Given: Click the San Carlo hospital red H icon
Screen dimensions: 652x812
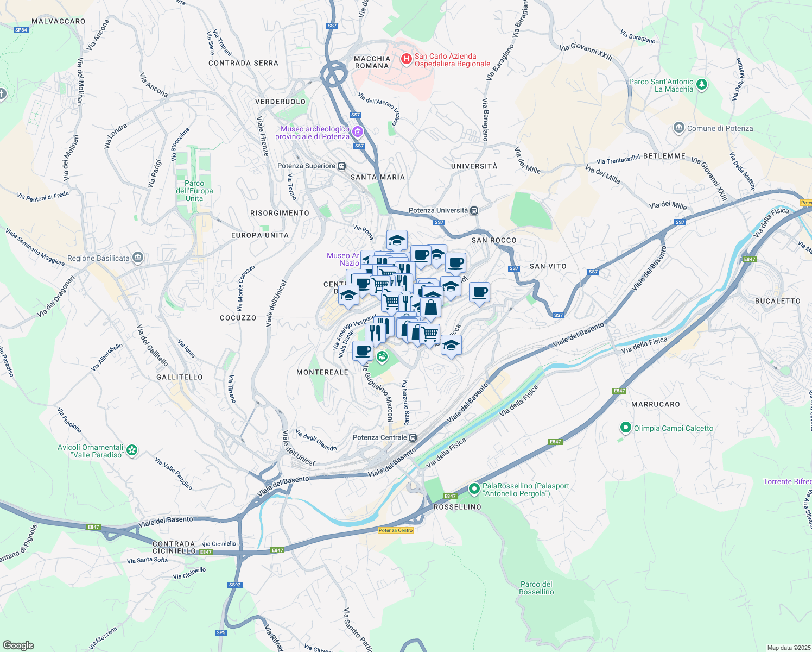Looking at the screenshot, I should point(406,59).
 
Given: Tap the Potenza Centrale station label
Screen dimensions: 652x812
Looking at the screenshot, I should point(379,437).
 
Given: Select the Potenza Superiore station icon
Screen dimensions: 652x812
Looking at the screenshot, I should point(341,166).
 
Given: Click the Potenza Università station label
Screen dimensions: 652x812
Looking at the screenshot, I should point(438,210).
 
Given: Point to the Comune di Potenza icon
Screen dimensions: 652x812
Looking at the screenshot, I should point(678,128).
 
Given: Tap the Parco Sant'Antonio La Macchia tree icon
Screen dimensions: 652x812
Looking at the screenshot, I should point(702,84).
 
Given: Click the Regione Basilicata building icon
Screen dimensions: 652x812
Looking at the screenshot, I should point(138,258).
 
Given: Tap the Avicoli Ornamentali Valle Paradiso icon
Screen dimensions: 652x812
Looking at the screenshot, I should point(132,450).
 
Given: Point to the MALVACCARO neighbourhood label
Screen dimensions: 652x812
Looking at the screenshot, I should point(59,21).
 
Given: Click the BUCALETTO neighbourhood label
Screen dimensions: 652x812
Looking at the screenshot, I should point(777,301).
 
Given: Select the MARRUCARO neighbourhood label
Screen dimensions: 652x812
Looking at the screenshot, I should point(655,404).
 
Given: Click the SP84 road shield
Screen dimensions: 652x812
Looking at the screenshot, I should point(21,30).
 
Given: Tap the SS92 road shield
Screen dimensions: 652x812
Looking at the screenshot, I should point(234,585).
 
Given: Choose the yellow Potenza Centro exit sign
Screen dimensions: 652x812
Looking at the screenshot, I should point(396,530).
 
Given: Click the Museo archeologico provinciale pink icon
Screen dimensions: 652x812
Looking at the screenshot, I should point(357,132).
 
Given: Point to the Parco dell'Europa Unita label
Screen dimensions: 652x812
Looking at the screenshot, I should point(194,191).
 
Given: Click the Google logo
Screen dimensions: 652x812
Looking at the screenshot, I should point(18,645).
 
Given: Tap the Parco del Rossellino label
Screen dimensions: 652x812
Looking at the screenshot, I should point(536,588).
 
